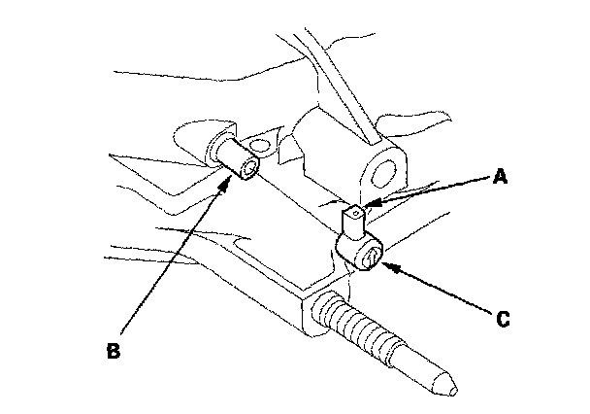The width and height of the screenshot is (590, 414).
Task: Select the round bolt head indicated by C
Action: click(370, 256)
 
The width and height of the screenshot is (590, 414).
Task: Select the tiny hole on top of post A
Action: click(357, 208)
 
